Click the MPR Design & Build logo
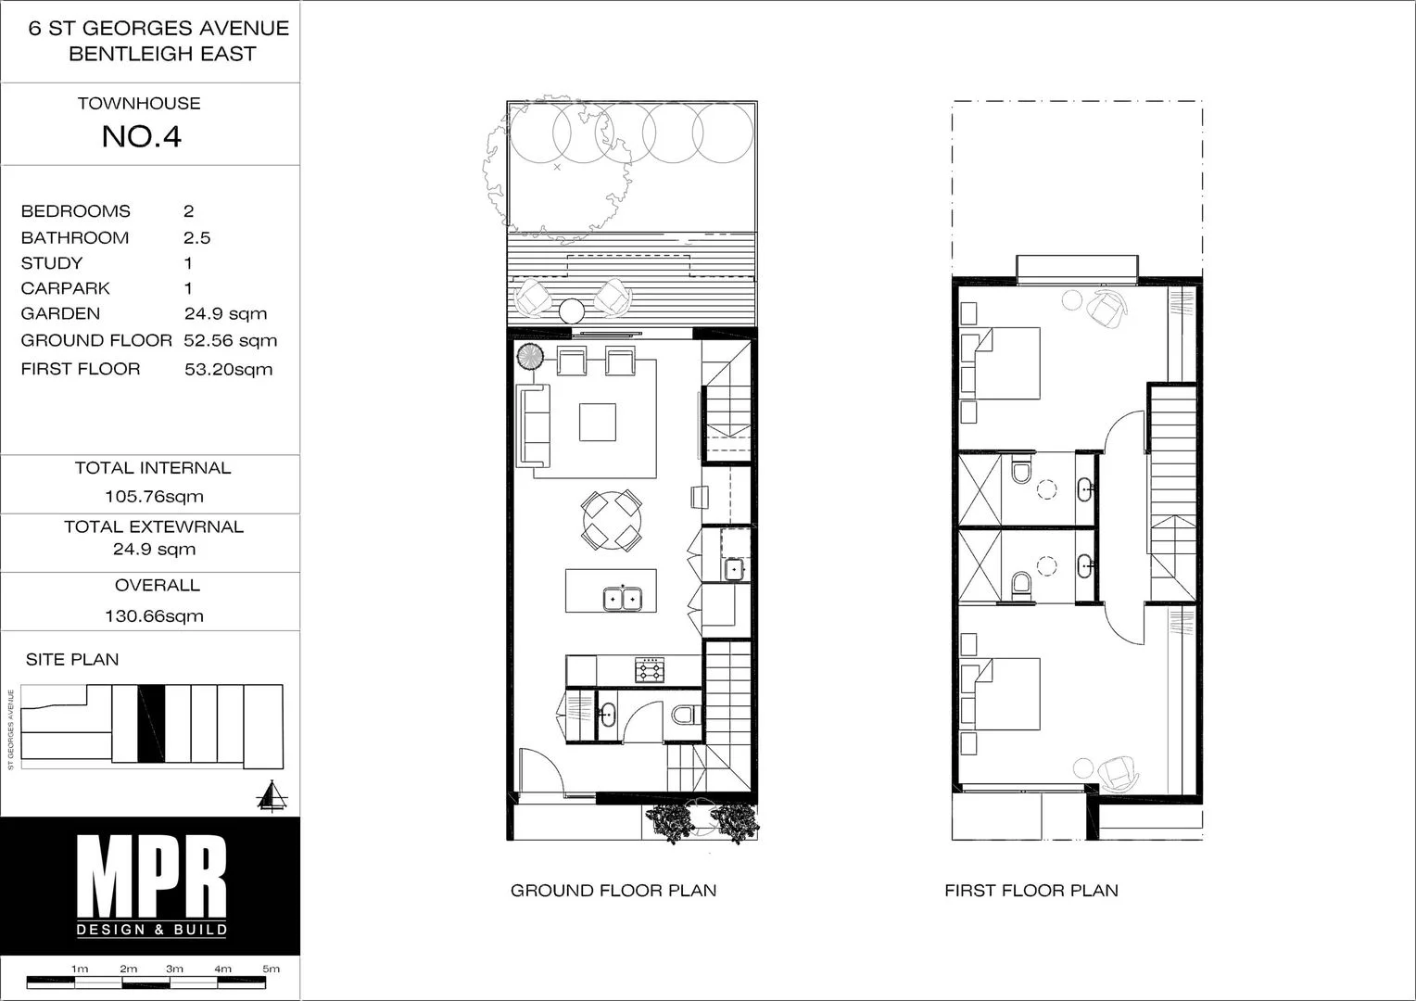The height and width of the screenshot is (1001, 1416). coord(151,885)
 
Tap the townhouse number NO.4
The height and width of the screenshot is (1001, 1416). coord(141,137)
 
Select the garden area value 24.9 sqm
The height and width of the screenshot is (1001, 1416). coord(225,314)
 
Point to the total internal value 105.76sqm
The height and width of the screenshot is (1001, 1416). coord(154,497)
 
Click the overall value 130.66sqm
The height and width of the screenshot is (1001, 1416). coord(154,616)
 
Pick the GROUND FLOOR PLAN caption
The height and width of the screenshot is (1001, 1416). coord(613,891)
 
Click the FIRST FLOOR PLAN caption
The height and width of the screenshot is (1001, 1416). coord(1030,891)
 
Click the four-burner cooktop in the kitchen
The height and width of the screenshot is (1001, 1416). coord(649,669)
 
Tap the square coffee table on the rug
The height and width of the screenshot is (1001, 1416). coord(598,422)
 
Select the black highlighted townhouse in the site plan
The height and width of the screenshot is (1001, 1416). coord(151,724)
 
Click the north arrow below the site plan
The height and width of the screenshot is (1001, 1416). coord(271,796)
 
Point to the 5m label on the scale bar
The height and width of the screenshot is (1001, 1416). coord(271,969)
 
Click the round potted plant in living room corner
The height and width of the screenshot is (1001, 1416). coord(531,356)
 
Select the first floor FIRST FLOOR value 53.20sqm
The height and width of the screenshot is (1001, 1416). coord(228,370)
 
